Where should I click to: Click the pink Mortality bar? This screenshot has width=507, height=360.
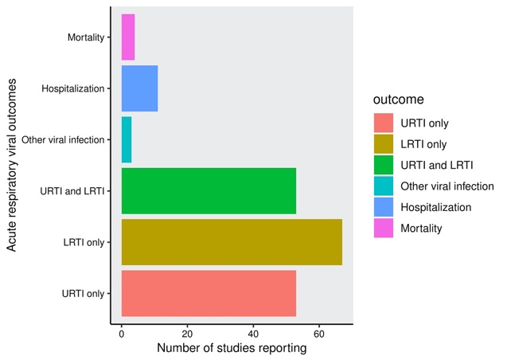pyautogui.click(x=128, y=37)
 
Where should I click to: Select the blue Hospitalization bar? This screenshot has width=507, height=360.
pyautogui.click(x=139, y=88)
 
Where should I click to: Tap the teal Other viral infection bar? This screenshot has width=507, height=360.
pyautogui.click(x=127, y=139)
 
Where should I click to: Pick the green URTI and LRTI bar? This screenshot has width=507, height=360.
pyautogui.click(x=209, y=191)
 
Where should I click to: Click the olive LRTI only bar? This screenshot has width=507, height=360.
pyautogui.click(x=232, y=242)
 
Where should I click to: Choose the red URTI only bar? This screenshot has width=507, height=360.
pyautogui.click(x=209, y=293)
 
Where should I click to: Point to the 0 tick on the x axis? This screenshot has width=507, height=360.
pyautogui.click(x=122, y=335)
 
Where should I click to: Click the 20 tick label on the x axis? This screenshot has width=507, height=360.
pyautogui.click(x=188, y=335)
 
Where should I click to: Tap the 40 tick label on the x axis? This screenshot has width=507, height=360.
pyautogui.click(x=254, y=335)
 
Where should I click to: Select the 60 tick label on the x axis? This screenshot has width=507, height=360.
pyautogui.click(x=319, y=335)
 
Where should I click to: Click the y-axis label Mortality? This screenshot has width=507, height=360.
pyautogui.click(x=84, y=37)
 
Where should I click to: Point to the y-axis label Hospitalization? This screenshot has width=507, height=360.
pyautogui.click(x=72, y=88)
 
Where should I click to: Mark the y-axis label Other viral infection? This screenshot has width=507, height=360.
pyautogui.click(x=63, y=140)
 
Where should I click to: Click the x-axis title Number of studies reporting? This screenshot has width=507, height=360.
pyautogui.click(x=232, y=349)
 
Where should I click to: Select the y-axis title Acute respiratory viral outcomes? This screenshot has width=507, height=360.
pyautogui.click(x=13, y=165)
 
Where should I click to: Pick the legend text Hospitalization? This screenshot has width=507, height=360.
pyautogui.click(x=436, y=207)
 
